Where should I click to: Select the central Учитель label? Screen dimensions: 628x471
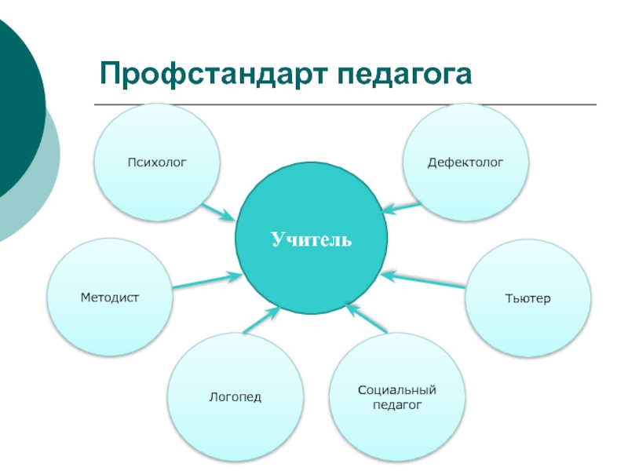(312, 239)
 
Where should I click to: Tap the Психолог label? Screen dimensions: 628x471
(157, 162)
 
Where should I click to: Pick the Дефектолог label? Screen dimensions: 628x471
(466, 162)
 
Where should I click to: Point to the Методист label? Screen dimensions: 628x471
(109, 298)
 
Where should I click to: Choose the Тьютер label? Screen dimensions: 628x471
(528, 299)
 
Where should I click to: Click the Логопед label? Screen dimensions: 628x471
(235, 397)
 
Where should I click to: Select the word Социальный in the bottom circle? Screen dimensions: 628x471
(396, 390)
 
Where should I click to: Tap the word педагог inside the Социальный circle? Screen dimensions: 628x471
(396, 405)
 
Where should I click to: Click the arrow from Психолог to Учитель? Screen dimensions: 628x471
(217, 212)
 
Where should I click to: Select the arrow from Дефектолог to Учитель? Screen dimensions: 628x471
(402, 208)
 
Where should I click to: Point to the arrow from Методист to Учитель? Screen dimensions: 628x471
(207, 279)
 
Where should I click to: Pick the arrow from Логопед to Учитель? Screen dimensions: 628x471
(260, 319)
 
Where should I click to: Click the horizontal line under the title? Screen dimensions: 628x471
(345, 104)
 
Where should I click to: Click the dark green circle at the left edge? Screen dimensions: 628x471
(16, 110)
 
